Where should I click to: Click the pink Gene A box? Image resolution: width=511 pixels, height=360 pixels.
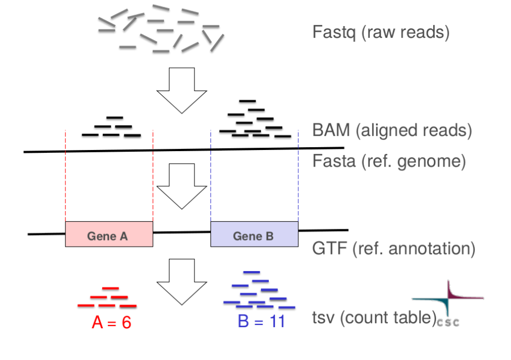click(x=109, y=234)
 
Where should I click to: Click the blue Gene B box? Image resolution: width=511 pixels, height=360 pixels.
click(x=254, y=234)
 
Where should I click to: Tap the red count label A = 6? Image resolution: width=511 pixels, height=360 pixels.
click(x=111, y=323)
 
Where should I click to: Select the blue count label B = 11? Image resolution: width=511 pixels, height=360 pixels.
click(x=260, y=322)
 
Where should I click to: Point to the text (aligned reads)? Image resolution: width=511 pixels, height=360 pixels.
click(x=414, y=131)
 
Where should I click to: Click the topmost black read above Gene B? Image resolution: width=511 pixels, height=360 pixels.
click(x=247, y=101)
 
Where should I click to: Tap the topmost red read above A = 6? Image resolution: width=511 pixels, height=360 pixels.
click(x=111, y=288)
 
